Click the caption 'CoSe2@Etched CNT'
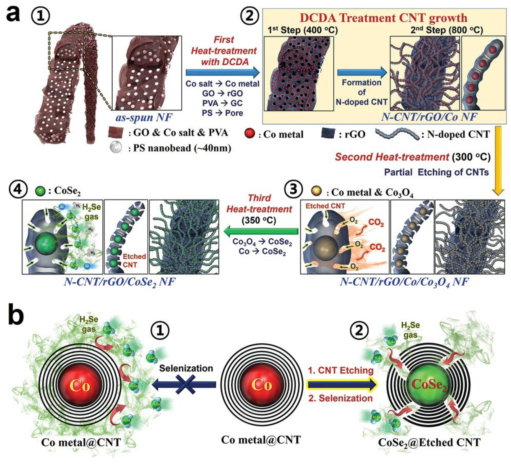[429, 442]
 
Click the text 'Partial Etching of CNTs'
[436, 172]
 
